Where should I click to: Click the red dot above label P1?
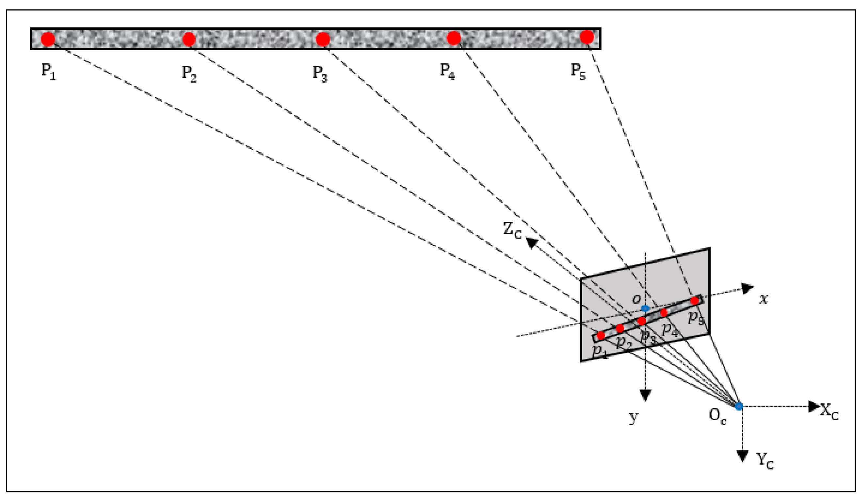click(48, 39)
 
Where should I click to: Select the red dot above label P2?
click(189, 39)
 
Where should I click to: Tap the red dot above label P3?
click(322, 39)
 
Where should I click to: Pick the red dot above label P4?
click(454, 38)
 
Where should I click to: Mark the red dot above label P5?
click(587, 37)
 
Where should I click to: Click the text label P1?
click(48, 72)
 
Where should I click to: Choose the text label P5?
click(578, 72)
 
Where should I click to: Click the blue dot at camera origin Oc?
click(739, 406)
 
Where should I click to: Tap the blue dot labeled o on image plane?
click(645, 308)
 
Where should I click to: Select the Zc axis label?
click(512, 230)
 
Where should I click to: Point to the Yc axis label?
click(765, 461)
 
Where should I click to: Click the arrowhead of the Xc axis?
click(814, 406)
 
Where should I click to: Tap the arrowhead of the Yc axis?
click(743, 456)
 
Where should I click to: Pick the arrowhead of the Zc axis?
click(532, 242)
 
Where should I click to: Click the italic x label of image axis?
click(763, 299)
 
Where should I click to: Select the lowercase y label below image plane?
click(634, 417)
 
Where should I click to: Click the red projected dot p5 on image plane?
click(695, 300)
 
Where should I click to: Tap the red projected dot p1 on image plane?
click(601, 335)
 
